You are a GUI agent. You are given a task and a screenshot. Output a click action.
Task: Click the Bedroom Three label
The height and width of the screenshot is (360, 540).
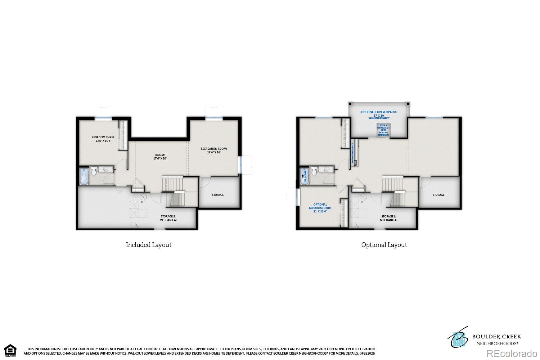coord(103,139)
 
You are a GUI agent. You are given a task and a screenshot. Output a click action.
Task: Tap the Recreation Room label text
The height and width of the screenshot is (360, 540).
coord(214,150)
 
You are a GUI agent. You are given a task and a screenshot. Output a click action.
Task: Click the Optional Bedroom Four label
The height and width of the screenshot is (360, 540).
coord(320,208)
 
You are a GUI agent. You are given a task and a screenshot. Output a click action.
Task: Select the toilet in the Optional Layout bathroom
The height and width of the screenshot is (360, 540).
coord(314,171)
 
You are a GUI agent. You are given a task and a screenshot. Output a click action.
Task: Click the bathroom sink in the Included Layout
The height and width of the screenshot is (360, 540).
coord(107,169)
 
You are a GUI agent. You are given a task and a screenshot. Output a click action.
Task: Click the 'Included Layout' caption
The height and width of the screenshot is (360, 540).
coord(148,245)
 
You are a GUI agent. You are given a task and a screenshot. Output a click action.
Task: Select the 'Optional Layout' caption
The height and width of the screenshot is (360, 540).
coord(384,245)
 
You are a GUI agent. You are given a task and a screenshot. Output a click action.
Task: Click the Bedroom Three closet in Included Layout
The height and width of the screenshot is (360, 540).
coord(123,135)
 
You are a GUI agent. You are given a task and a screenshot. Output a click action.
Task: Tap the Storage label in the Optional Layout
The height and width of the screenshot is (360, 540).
coord(438,195)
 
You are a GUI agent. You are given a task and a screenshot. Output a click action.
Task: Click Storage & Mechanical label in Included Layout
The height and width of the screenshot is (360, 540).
coord(168,218)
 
